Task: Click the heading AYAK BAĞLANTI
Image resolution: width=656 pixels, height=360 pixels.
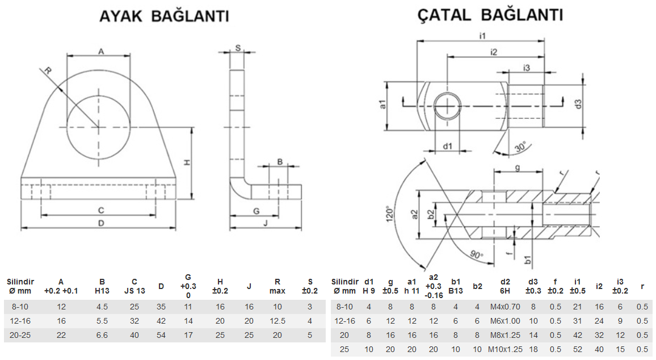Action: pos(164,16)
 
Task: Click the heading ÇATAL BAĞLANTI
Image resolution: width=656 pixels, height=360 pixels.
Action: pos(490,15)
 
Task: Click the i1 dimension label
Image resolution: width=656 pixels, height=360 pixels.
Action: pos(482,36)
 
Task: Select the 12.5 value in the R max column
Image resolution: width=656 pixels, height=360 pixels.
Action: pos(277,321)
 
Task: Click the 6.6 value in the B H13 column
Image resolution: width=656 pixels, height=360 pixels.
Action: pos(102,335)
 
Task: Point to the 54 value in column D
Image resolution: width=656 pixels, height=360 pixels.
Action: pos(161,335)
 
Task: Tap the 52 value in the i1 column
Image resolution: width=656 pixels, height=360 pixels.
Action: pos(578,349)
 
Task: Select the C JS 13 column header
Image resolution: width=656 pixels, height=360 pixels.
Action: pos(134,286)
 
